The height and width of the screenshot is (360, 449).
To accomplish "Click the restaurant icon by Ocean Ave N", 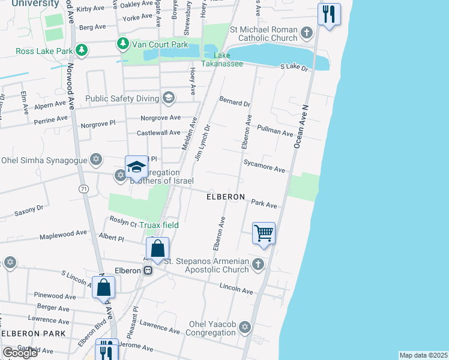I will (329, 14).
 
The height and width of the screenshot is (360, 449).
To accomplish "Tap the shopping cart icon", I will (264, 233).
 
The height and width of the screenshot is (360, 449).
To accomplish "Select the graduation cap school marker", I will (136, 167).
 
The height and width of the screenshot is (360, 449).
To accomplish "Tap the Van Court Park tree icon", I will (122, 43).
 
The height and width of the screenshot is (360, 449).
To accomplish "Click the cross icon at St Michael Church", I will (307, 32).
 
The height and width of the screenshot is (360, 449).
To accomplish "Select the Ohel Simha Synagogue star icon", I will (95, 160).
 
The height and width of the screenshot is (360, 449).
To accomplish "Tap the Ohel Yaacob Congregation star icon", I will (244, 327).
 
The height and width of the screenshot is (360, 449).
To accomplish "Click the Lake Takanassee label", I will (223, 59).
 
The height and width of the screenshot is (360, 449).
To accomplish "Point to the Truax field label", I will (159, 225).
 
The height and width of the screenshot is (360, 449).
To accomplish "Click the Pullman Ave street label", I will (275, 130).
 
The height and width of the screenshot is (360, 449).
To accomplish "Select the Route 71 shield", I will (83, 189).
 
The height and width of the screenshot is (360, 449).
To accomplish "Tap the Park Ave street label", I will (264, 205).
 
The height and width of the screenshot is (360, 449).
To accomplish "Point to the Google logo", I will (20, 353).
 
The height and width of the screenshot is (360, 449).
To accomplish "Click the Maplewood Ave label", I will (64, 233).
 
